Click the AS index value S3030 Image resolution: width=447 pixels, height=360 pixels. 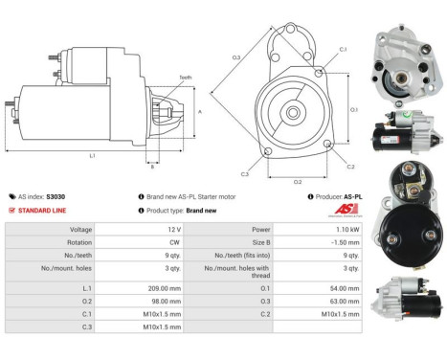pos(57,194)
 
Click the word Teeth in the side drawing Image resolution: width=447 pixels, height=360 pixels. pos(185,78)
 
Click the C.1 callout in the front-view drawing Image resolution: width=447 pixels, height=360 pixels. pos(343,48)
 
